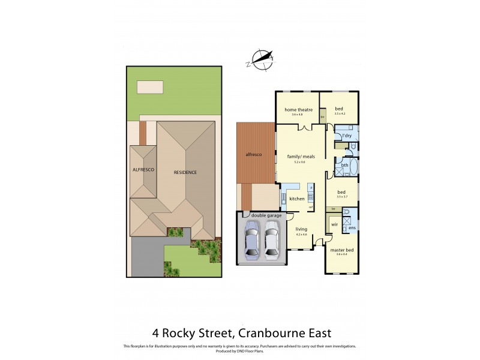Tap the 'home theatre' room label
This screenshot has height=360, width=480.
tap(298, 110)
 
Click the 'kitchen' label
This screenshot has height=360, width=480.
tap(297, 198)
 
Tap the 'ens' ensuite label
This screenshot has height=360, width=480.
tap(352, 228)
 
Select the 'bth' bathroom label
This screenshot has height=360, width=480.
tap(345, 166)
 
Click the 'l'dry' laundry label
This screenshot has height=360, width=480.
tap(346, 136)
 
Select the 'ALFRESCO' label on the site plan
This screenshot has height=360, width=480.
tap(144, 170)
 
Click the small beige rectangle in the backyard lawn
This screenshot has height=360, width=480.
tap(150, 87)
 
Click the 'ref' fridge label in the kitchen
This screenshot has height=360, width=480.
tap(310, 207)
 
